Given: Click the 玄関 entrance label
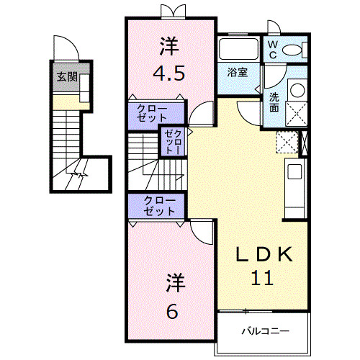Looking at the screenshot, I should point(68,77).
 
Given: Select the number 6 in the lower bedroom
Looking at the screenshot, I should point(172,311).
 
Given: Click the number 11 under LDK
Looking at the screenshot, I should point(264,278).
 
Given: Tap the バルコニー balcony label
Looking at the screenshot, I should point(265,331).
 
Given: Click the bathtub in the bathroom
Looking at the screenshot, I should point(239,50).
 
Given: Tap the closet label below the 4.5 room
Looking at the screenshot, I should point(158,113).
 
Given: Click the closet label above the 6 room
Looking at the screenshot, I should point(158,206).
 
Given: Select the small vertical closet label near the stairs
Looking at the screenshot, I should point(174,141).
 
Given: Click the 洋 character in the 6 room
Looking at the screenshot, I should point(172,280).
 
